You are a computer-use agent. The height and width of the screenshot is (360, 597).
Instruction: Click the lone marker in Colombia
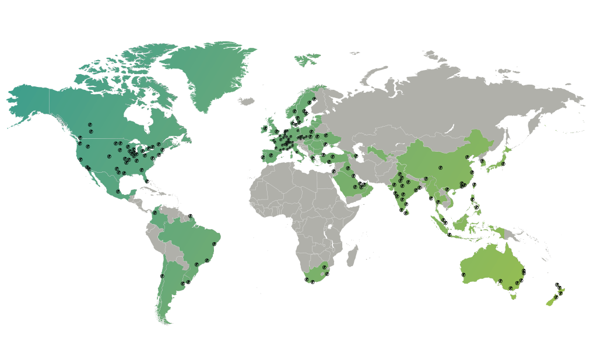(x=155, y=213)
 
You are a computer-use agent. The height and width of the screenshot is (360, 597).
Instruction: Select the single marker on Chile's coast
(x=162, y=276)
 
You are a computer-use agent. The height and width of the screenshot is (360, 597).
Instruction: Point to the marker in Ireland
(x=265, y=128)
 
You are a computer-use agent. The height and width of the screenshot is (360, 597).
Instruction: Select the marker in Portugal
(x=263, y=156)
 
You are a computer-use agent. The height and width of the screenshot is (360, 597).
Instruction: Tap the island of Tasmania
(x=513, y=296)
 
